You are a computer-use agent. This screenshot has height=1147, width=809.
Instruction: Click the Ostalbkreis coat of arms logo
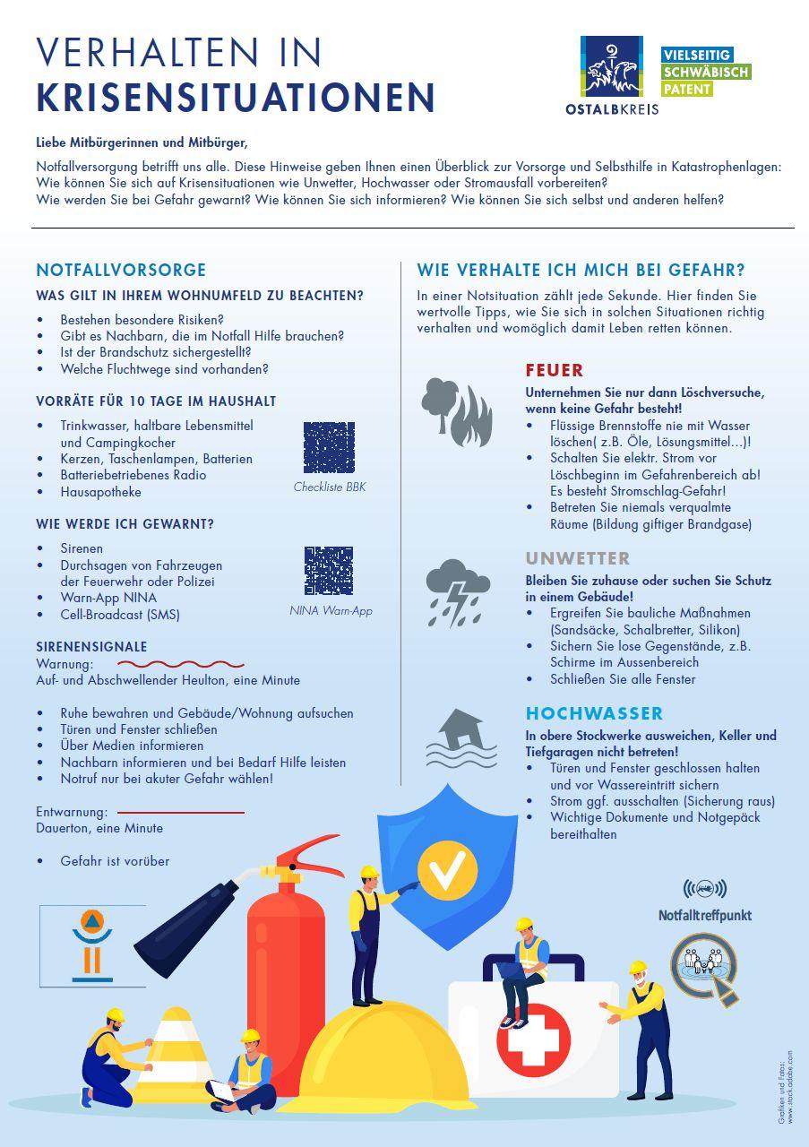[611, 67]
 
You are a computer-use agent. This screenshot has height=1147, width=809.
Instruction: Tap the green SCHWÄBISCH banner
[705, 72]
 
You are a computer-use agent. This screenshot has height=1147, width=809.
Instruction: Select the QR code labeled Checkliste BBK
[329, 447]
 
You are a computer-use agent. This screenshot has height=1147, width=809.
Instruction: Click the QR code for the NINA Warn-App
[329, 571]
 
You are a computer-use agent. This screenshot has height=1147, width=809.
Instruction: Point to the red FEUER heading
[555, 370]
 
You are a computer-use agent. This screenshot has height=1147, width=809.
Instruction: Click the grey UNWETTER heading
[578, 558]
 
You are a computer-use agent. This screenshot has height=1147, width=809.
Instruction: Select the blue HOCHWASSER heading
[594, 713]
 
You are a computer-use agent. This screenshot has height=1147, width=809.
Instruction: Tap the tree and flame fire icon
[456, 411]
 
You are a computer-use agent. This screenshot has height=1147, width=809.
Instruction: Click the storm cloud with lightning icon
[458, 592]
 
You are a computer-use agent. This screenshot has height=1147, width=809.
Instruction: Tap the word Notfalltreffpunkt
[705, 916]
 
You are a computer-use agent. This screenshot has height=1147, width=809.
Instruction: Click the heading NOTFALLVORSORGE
[121, 270]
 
